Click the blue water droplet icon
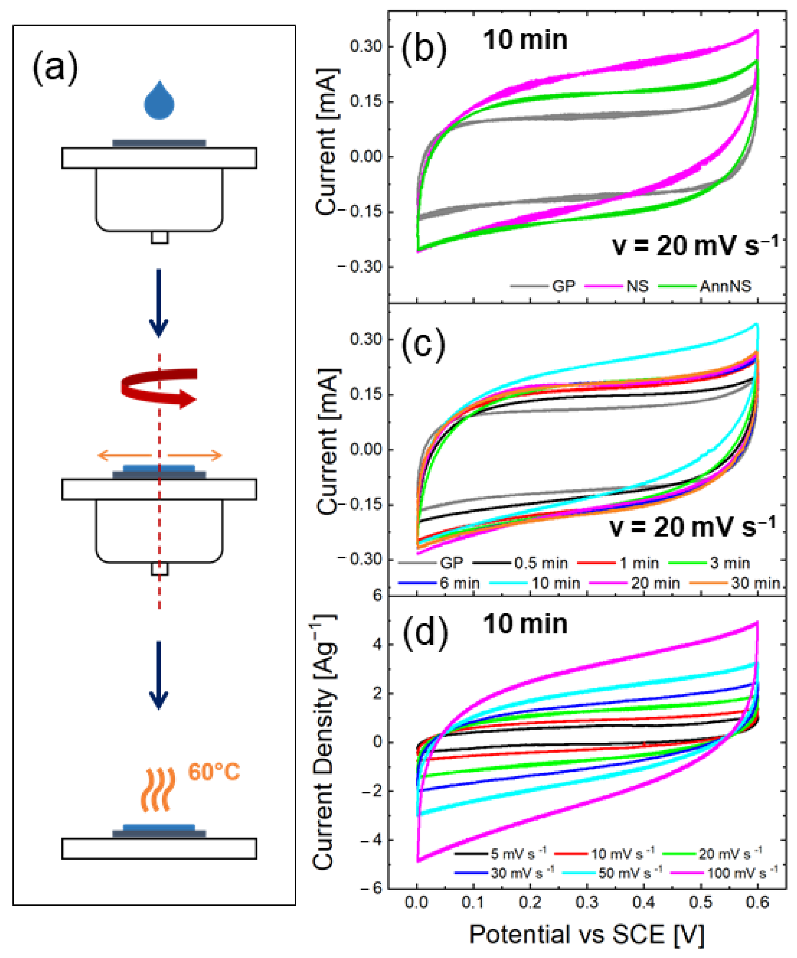point(159,101)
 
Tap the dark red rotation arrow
point(159,387)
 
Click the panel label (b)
point(424,48)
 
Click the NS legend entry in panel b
point(637,286)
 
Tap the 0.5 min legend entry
point(541,563)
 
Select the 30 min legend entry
point(755,583)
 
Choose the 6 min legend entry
point(459,583)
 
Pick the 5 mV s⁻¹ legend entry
point(518,853)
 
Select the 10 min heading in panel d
point(525,624)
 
